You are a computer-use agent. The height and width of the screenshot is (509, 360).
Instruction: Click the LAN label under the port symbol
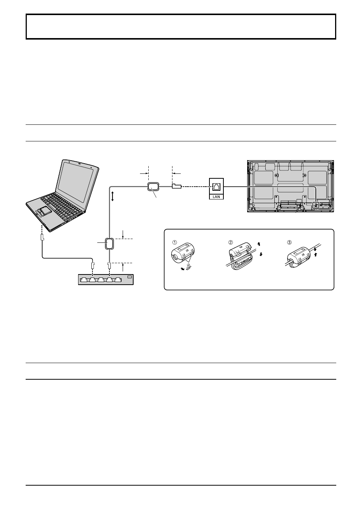(x=216, y=197)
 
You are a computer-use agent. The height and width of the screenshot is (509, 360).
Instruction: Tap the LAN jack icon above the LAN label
(x=216, y=187)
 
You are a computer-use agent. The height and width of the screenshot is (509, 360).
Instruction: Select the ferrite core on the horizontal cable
(x=154, y=187)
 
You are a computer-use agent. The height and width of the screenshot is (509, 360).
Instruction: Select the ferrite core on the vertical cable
(x=109, y=244)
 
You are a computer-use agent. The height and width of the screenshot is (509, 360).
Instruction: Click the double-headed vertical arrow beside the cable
(x=112, y=196)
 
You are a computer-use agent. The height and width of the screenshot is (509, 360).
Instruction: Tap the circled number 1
(x=174, y=242)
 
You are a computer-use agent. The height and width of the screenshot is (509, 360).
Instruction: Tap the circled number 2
(x=231, y=242)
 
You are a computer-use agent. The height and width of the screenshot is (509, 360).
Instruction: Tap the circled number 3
(x=289, y=242)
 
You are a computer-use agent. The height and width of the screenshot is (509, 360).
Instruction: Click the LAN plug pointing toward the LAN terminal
(x=177, y=187)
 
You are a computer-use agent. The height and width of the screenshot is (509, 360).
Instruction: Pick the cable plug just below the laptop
(x=42, y=238)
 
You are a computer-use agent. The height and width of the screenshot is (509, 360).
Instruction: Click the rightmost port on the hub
(x=118, y=280)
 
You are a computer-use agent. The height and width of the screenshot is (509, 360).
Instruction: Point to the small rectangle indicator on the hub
(x=130, y=277)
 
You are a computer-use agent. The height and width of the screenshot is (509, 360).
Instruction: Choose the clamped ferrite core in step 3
(x=298, y=256)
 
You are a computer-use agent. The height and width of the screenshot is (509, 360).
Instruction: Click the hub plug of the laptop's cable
(x=92, y=265)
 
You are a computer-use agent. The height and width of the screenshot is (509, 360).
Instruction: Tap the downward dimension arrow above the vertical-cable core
(x=123, y=235)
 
